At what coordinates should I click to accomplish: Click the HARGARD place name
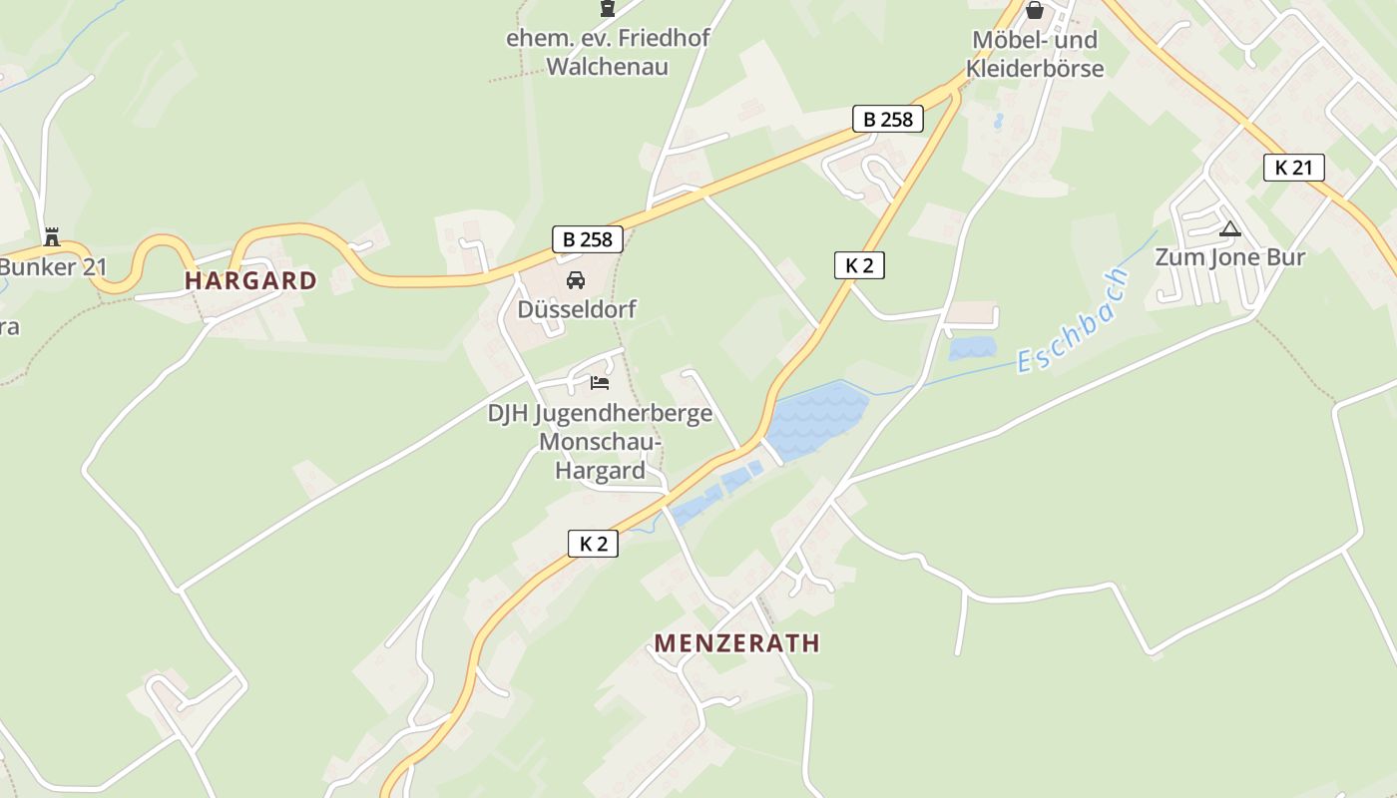click(250, 280)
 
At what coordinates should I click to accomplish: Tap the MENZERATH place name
click(736, 642)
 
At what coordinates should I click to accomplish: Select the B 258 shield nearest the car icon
click(588, 239)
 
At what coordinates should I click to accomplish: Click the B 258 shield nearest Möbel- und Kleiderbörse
click(887, 120)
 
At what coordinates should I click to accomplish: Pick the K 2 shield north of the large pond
click(859, 265)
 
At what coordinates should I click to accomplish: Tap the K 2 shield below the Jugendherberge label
click(593, 544)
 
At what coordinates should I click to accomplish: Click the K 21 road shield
click(1293, 168)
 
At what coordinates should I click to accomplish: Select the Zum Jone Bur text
click(1229, 257)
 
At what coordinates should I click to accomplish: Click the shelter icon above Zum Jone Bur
click(1229, 229)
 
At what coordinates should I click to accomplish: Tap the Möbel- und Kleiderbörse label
click(1035, 54)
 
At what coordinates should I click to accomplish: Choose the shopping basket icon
click(1035, 11)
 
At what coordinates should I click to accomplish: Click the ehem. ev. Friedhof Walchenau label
click(608, 53)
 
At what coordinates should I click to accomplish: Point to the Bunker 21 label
click(52, 267)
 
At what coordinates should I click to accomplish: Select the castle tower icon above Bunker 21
click(52, 237)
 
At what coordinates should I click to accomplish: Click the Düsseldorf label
click(576, 309)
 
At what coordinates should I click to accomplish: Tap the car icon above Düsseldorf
click(576, 280)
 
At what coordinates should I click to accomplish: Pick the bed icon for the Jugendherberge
click(599, 382)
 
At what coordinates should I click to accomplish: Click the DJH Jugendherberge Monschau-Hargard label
click(600, 441)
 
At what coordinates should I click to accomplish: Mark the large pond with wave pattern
click(815, 417)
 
